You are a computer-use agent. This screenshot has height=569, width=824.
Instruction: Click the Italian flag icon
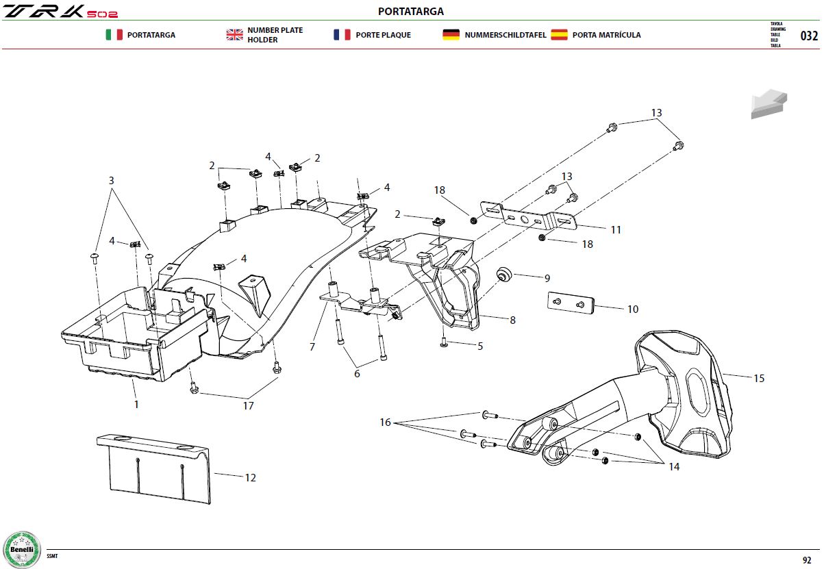(114, 34)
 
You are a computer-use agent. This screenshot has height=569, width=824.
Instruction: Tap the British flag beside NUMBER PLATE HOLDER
(234, 34)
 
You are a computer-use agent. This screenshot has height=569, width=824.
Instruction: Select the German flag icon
(451, 34)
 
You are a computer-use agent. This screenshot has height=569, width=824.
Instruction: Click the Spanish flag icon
(559, 34)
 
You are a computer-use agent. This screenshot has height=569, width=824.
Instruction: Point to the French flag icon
(342, 34)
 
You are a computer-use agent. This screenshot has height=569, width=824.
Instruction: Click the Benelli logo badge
(22, 550)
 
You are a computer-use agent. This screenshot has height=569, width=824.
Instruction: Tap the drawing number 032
(809, 36)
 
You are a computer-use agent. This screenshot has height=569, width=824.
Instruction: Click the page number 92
(807, 560)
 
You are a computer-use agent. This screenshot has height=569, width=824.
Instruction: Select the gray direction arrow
(769, 103)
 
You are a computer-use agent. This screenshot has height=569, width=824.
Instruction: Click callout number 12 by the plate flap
(251, 477)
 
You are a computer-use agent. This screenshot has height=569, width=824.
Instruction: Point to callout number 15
(759, 378)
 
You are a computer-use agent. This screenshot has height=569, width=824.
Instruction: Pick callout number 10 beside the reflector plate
(633, 309)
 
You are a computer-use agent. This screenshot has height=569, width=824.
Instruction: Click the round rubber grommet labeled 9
(504, 275)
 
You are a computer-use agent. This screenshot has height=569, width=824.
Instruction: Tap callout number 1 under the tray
(136, 404)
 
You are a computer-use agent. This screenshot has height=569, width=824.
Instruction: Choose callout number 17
(249, 405)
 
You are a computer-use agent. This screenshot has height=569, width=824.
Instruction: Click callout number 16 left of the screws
(385, 422)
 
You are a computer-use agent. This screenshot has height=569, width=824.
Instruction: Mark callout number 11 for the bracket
(616, 230)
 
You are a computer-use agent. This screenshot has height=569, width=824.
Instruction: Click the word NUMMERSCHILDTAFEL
(505, 35)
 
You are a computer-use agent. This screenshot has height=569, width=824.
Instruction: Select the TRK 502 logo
(60, 12)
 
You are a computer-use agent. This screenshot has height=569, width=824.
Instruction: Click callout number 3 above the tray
(112, 180)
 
